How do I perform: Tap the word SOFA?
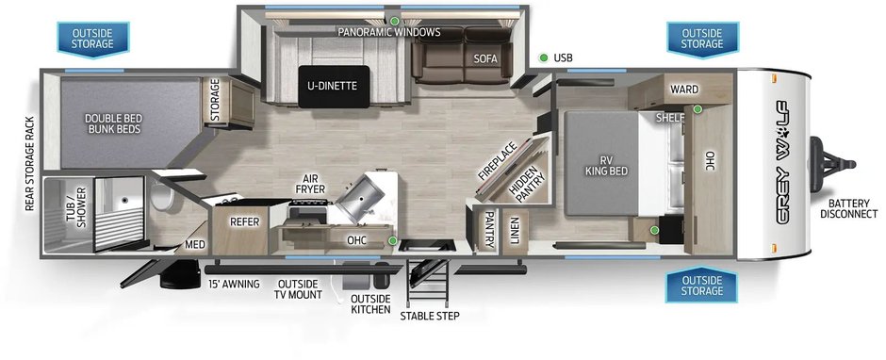tap(485, 57)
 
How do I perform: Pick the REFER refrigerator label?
tap(244, 222)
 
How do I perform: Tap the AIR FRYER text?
tap(310, 184)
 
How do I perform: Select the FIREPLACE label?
tap(498, 161)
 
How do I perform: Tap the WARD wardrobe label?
tap(683, 90)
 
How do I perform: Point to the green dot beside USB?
tap(544, 57)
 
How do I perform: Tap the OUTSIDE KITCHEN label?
tap(370, 304)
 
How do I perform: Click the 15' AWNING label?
tap(234, 285)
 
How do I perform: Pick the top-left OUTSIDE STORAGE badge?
tap(93, 39)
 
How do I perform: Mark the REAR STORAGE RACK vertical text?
tap(30, 164)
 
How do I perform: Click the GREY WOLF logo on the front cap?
tap(784, 163)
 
